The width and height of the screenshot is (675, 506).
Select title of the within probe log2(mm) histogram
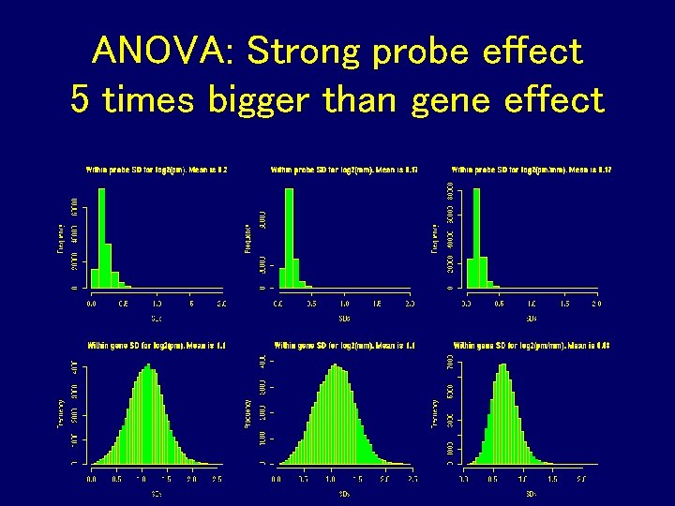coord(344,171)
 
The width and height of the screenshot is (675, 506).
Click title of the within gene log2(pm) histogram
coord(157,345)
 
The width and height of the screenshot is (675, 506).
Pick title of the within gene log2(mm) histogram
coord(344,345)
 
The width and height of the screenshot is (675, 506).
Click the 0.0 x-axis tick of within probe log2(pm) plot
coord(91,305)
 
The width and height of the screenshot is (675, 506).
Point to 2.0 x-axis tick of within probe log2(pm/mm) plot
coord(596,305)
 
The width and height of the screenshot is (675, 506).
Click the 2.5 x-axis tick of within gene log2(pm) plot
coord(217,479)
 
